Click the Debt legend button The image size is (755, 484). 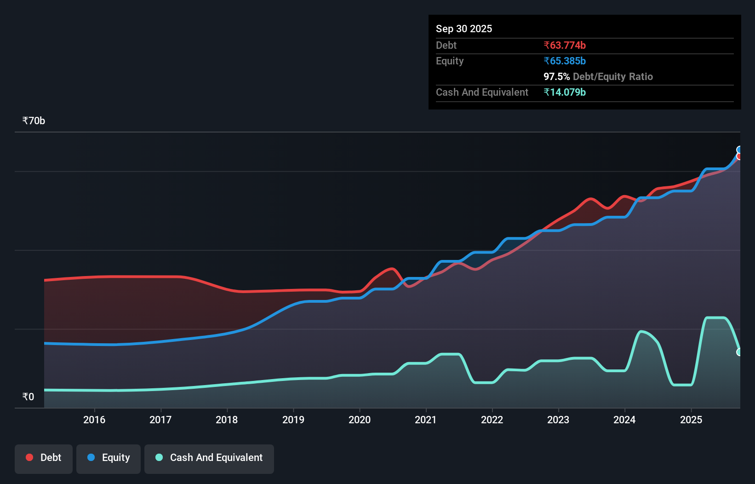[x=44, y=458]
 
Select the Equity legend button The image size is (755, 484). [x=109, y=458]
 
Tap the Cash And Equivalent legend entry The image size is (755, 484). [x=209, y=458]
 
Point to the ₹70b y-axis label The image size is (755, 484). [x=34, y=121]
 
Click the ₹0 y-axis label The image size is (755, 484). [x=28, y=397]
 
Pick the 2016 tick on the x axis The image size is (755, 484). [x=94, y=420]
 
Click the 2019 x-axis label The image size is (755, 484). [x=293, y=420]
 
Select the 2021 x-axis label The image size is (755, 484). [x=426, y=420]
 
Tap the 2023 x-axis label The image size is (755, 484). [x=558, y=420]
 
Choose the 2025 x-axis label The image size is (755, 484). [x=691, y=420]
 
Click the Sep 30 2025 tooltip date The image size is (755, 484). [x=464, y=29]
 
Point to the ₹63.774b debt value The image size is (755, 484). [x=565, y=45]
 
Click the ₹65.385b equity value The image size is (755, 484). [x=565, y=61]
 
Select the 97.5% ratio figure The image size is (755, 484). [x=556, y=76]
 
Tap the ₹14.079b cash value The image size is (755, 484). [x=565, y=92]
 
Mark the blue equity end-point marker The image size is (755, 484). [x=739, y=150]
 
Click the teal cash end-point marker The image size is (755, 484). [x=739, y=352]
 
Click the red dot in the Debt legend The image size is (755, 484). [x=29, y=457]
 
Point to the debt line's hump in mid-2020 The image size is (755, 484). [x=391, y=269]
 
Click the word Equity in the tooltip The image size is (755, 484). [x=450, y=61]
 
